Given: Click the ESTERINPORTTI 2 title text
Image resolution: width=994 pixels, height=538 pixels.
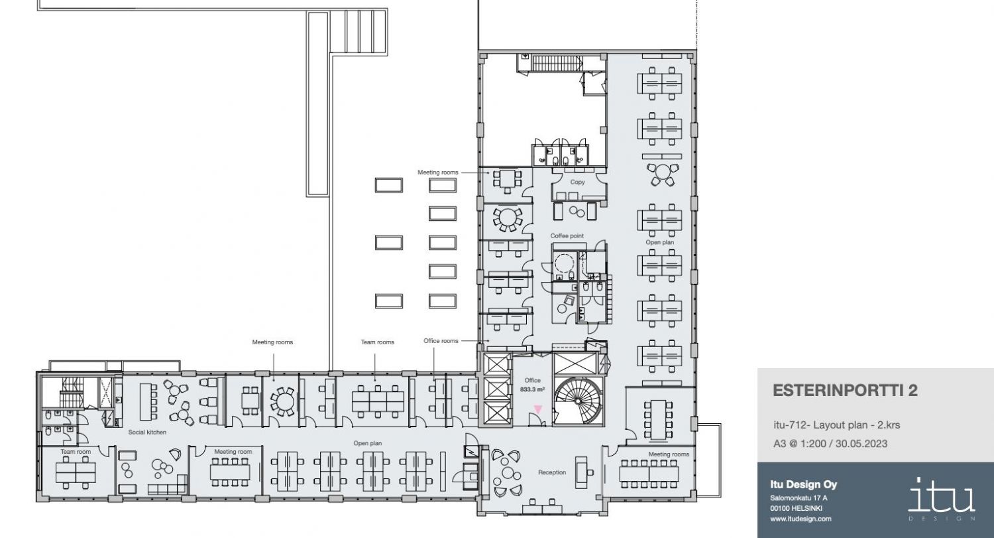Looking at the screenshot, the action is pos(845,391).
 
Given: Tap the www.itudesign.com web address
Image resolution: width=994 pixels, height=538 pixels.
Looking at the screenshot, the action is pos(801,519).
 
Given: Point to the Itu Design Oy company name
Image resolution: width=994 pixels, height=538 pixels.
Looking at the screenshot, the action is pos(804,485).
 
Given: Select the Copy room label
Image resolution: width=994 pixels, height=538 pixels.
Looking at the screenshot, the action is pos(577,182).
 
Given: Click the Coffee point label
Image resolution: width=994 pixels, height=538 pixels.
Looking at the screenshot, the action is pos(567,236).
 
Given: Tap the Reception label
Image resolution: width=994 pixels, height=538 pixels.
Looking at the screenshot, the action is pos(552,472).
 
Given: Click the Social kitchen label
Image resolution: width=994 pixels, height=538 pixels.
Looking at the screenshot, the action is pos(147,433).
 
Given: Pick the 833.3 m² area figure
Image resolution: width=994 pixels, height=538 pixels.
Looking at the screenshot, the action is pos(533,389).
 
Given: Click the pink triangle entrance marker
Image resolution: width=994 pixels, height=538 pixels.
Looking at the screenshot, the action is pos(538,409).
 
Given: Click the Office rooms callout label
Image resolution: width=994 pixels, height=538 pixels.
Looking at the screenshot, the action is pos(441,341).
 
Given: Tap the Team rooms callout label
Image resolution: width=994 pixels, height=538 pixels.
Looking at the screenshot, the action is pos(377,342).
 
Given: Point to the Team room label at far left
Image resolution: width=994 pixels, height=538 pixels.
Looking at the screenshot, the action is pos(76,452).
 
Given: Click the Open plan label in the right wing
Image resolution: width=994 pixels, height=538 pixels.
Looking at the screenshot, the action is pos(660,243).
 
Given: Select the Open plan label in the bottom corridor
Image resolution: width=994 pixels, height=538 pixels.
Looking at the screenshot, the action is pos(367,443).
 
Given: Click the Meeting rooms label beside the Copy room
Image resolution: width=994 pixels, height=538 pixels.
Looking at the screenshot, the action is pos(437,172).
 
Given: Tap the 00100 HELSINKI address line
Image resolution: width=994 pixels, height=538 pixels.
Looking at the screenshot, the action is pos(796,508).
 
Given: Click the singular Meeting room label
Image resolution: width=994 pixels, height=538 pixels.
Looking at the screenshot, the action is pos(233,452).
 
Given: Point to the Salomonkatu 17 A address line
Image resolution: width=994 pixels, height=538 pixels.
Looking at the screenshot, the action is pos(799,498).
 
